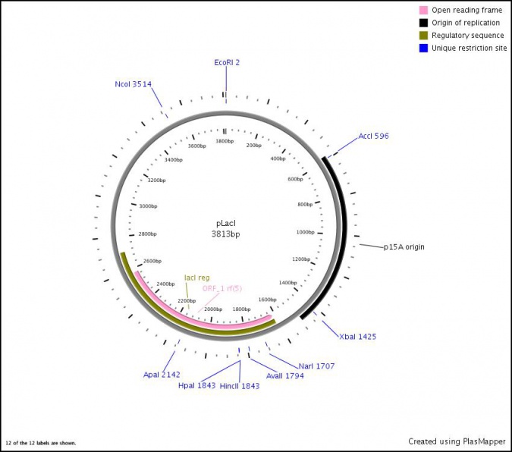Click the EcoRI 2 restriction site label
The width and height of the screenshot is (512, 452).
pyautogui.click(x=227, y=62)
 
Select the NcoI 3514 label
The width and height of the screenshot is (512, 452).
pyautogui.click(x=133, y=84)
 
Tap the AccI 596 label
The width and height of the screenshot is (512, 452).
pyautogui.click(x=373, y=136)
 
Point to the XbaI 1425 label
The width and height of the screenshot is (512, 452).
pyautogui.click(x=358, y=337)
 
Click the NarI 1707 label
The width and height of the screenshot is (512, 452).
pyautogui.click(x=317, y=366)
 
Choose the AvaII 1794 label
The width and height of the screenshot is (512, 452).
pyautogui.click(x=285, y=376)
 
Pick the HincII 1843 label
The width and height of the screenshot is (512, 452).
pyautogui.click(x=240, y=386)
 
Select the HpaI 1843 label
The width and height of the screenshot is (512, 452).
pyautogui.click(x=197, y=386)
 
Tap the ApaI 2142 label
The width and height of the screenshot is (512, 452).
pyautogui.click(x=162, y=375)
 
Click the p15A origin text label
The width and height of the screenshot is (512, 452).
pyautogui.click(x=404, y=247)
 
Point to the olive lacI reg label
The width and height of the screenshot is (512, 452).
pyautogui.click(x=197, y=278)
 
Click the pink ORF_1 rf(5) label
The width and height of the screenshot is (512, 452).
pyautogui.click(x=222, y=288)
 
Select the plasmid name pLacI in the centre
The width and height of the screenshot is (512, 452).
pyautogui.click(x=225, y=224)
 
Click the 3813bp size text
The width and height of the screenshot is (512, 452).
pyautogui.click(x=225, y=234)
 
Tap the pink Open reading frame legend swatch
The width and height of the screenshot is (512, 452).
pyautogui.click(x=423, y=10)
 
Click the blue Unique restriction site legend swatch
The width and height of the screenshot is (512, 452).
pyautogui.click(x=423, y=48)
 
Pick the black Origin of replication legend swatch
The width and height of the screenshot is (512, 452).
pyautogui.click(x=423, y=23)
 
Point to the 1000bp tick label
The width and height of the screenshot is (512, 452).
pyautogui.click(x=306, y=232)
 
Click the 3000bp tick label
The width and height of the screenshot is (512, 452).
pyautogui.click(x=148, y=206)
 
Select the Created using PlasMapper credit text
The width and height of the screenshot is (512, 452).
pyautogui.click(x=457, y=441)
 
